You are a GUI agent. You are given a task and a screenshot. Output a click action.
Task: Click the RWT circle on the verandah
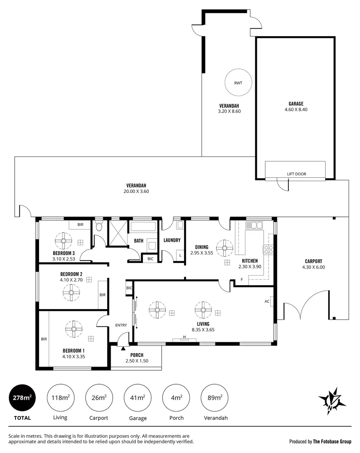238,83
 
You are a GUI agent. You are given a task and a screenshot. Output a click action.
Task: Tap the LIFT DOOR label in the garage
295,174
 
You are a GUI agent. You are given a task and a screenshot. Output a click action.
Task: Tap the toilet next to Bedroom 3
99,227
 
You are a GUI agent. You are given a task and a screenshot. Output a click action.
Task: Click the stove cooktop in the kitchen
268,250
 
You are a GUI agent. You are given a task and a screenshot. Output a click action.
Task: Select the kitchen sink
254,226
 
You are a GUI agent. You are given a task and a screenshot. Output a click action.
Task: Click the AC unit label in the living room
267,301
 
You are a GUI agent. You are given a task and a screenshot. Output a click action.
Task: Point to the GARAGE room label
295,104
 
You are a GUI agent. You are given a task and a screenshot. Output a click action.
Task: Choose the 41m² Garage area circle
138,397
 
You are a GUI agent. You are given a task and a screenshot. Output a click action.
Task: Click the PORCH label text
137,355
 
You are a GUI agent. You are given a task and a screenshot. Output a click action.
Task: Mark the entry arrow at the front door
123,348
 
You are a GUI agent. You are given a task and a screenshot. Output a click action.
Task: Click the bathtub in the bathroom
143,227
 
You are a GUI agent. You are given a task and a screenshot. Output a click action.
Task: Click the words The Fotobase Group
332,441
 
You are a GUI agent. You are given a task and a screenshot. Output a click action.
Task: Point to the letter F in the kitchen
241,280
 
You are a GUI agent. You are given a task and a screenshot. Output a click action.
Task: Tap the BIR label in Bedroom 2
103,295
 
